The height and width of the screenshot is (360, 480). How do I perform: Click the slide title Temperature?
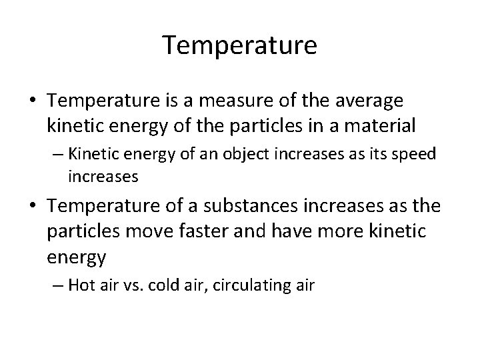[240, 47]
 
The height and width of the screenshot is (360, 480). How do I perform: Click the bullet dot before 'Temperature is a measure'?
[33, 101]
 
